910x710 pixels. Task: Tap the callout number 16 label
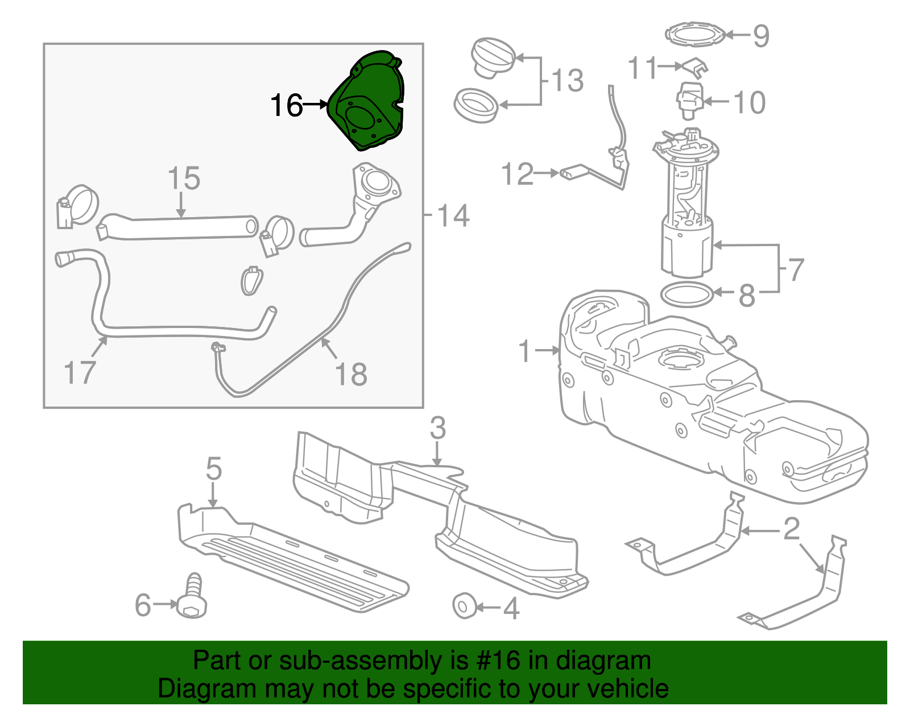click(286, 106)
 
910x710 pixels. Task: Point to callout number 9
click(761, 36)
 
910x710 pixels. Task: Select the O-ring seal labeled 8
click(686, 294)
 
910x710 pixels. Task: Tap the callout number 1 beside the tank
click(524, 351)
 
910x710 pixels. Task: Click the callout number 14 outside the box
click(453, 216)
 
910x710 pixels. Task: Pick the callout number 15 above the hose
click(184, 178)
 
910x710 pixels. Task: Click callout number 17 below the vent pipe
click(80, 373)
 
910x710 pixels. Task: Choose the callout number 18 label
click(351, 375)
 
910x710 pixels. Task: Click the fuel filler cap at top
click(493, 57)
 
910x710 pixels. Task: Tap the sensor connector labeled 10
click(689, 100)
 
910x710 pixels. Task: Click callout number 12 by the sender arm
click(517, 174)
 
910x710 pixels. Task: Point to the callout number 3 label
click(437, 428)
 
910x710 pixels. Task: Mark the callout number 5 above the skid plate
click(213, 469)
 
